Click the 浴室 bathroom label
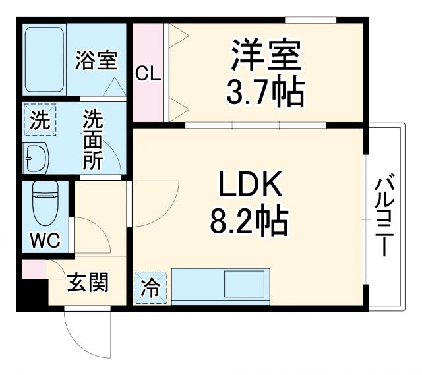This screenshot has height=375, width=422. tap(96, 61)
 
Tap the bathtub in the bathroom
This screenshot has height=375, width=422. tap(44, 59)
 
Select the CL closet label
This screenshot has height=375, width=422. tap(148, 74)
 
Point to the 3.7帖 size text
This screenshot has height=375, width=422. tap(266, 93)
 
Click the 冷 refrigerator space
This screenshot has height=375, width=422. tap(151, 288)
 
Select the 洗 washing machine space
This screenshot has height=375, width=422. tap(40, 121)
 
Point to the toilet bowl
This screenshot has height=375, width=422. tap(45, 204)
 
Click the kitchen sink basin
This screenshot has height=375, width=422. tap(245, 286)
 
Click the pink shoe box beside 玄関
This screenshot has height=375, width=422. tap(32, 269)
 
